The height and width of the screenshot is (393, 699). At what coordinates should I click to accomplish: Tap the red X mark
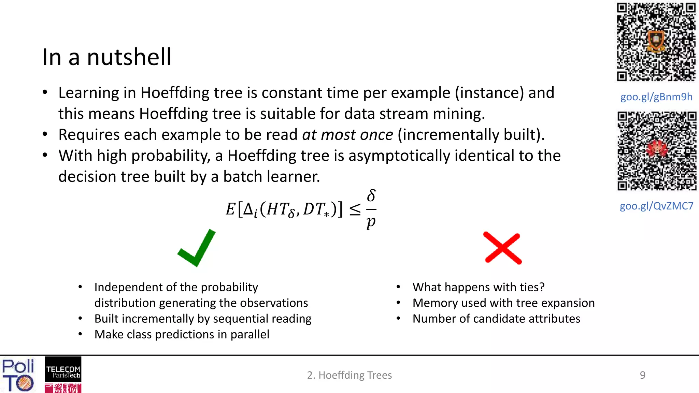pos(503,248)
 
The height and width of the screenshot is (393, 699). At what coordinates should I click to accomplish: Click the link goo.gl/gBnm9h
pos(656,97)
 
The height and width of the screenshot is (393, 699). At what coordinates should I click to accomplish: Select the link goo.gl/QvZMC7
pos(656,206)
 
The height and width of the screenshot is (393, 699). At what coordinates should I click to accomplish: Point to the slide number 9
pos(642,375)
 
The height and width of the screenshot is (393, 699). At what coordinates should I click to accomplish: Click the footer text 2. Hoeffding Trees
pos(349,375)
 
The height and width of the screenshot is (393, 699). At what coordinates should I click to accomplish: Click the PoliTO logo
pos(18,375)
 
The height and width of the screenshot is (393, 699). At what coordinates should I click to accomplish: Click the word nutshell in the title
pos(129,57)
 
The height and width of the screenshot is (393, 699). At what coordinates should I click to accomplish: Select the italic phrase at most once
pos(347,135)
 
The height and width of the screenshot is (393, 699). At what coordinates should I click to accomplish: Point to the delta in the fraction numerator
pos(371,196)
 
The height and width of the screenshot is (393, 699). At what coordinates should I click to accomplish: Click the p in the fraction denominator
pos(371,222)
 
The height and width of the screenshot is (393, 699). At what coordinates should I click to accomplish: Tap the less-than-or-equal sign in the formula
pos(355,209)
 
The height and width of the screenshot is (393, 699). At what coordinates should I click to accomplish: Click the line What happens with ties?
pos(478,287)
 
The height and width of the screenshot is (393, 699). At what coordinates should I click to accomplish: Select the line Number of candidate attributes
pos(496,319)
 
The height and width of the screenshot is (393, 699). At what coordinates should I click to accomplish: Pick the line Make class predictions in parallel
pos(182,334)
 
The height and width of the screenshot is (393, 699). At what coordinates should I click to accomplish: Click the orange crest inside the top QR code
pos(656,41)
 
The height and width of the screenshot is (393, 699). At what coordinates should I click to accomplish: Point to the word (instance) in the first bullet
pos(489,93)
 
